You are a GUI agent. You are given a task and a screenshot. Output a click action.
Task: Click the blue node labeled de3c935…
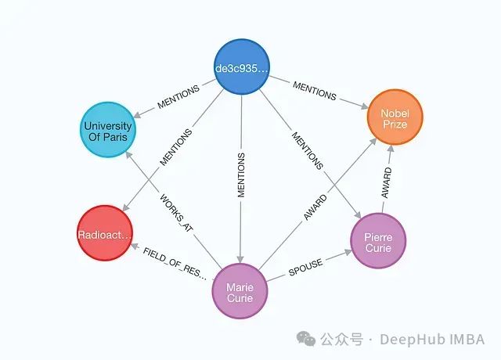[242, 68]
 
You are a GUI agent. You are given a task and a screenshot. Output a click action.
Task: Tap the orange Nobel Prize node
[395, 118]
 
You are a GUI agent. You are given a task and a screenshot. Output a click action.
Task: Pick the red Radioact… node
[105, 234]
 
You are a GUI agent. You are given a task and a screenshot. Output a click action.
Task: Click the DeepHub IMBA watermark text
[432, 339]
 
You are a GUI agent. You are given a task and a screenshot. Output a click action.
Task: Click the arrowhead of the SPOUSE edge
[347, 251]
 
